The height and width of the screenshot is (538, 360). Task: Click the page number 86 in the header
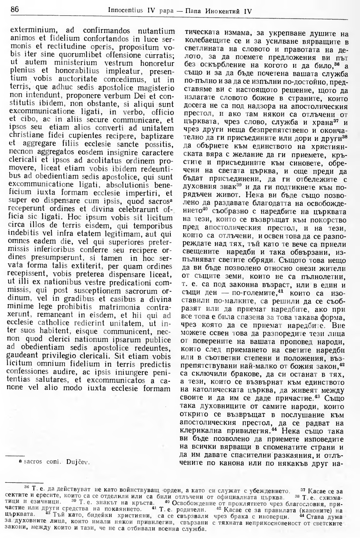point(15,10)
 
